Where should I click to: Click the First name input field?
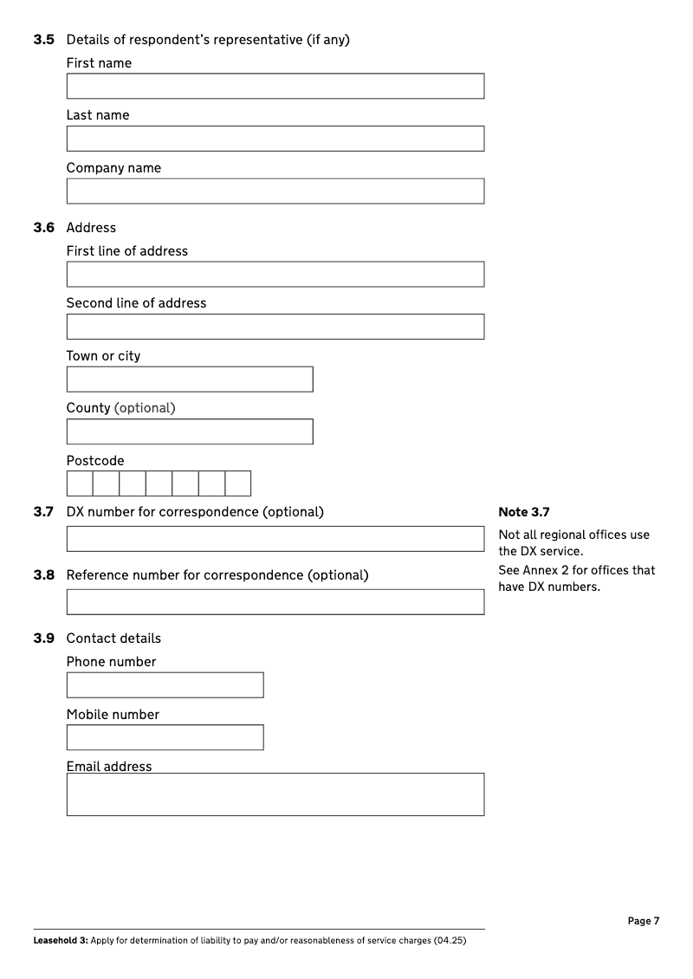(275, 86)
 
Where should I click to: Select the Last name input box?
(275, 139)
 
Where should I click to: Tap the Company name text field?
(275, 191)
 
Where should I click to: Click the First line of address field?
(275, 274)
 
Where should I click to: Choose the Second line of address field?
(275, 327)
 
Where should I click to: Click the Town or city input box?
(189, 379)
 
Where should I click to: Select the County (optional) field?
(189, 431)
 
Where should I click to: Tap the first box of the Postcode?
(80, 483)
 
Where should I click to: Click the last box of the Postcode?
(238, 483)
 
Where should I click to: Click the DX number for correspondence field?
(275, 539)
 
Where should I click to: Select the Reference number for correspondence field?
(275, 602)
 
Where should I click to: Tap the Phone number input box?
(165, 685)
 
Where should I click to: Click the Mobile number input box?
(165, 737)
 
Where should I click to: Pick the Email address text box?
(275, 794)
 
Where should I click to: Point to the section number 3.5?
(43, 40)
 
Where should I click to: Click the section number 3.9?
(43, 639)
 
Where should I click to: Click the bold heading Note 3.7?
(524, 512)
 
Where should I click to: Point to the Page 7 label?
(644, 921)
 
